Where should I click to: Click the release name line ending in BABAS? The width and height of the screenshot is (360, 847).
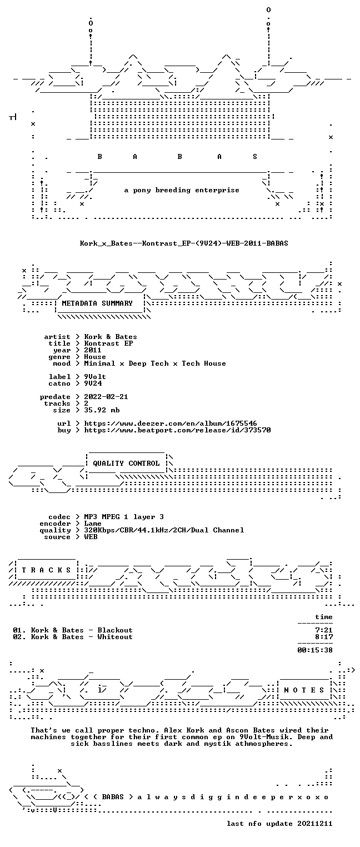point(184,243)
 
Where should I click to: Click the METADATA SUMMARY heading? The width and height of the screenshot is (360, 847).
point(97,303)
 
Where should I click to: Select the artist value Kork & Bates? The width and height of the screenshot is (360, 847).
point(111,337)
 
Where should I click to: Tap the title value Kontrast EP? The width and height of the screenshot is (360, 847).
point(108,343)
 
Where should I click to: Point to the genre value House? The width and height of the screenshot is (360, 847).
point(95,357)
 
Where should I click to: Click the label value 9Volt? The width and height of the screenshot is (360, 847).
point(95,377)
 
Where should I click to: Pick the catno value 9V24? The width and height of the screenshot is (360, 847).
point(93,383)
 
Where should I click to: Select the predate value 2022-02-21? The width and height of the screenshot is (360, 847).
point(106,397)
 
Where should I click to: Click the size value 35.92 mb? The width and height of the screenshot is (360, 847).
point(102,410)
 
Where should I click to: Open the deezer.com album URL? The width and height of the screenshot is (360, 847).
point(171,423)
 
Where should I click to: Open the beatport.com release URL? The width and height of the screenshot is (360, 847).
point(177,430)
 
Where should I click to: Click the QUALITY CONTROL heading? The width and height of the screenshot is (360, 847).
point(126,463)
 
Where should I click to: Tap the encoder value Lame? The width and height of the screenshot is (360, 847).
point(93,524)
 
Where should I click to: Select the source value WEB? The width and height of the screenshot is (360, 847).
point(91,537)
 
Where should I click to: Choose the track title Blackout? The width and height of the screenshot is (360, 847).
point(115,630)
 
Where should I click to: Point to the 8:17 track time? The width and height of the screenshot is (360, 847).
point(324,637)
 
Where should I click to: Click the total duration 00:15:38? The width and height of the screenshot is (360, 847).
point(315,650)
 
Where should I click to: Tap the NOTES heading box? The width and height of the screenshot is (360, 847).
point(304,690)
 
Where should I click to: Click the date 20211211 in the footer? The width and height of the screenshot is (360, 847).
point(315,823)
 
